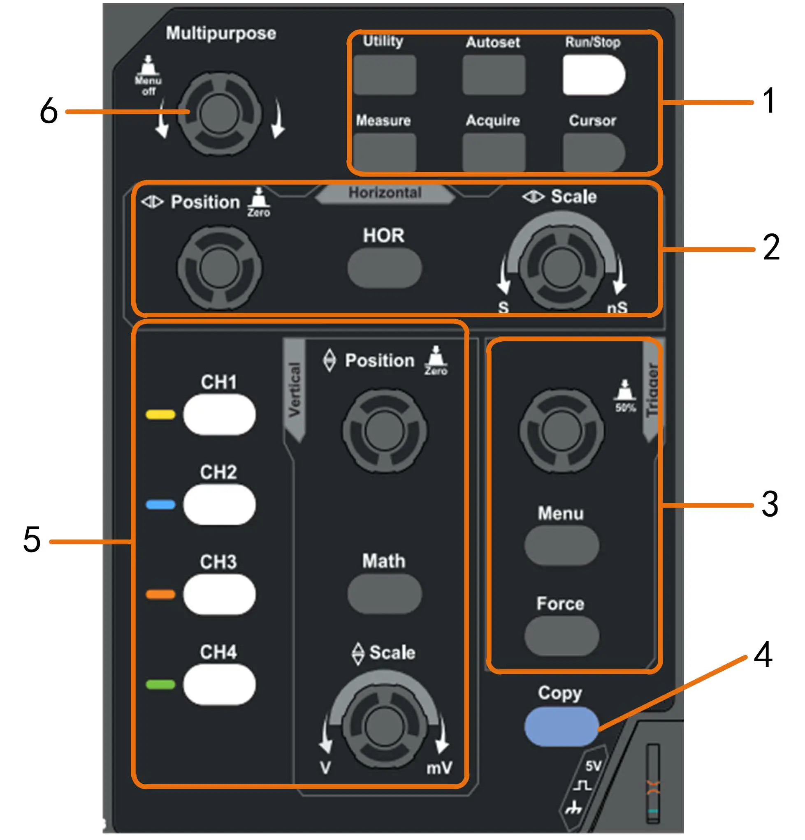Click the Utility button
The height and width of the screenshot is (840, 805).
[x=384, y=74]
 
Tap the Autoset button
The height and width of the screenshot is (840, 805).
[x=494, y=74]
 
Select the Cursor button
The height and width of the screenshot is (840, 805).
[x=594, y=152]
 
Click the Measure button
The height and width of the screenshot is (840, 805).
[x=384, y=152]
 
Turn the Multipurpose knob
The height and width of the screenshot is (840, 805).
[x=219, y=113]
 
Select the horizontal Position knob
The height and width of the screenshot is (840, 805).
[x=219, y=268]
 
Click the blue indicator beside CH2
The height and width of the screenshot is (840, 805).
[x=160, y=504]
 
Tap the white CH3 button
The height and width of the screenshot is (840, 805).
[x=219, y=594]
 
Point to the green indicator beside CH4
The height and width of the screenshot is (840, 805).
[x=160, y=684]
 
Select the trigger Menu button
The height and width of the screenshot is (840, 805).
[x=561, y=546]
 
